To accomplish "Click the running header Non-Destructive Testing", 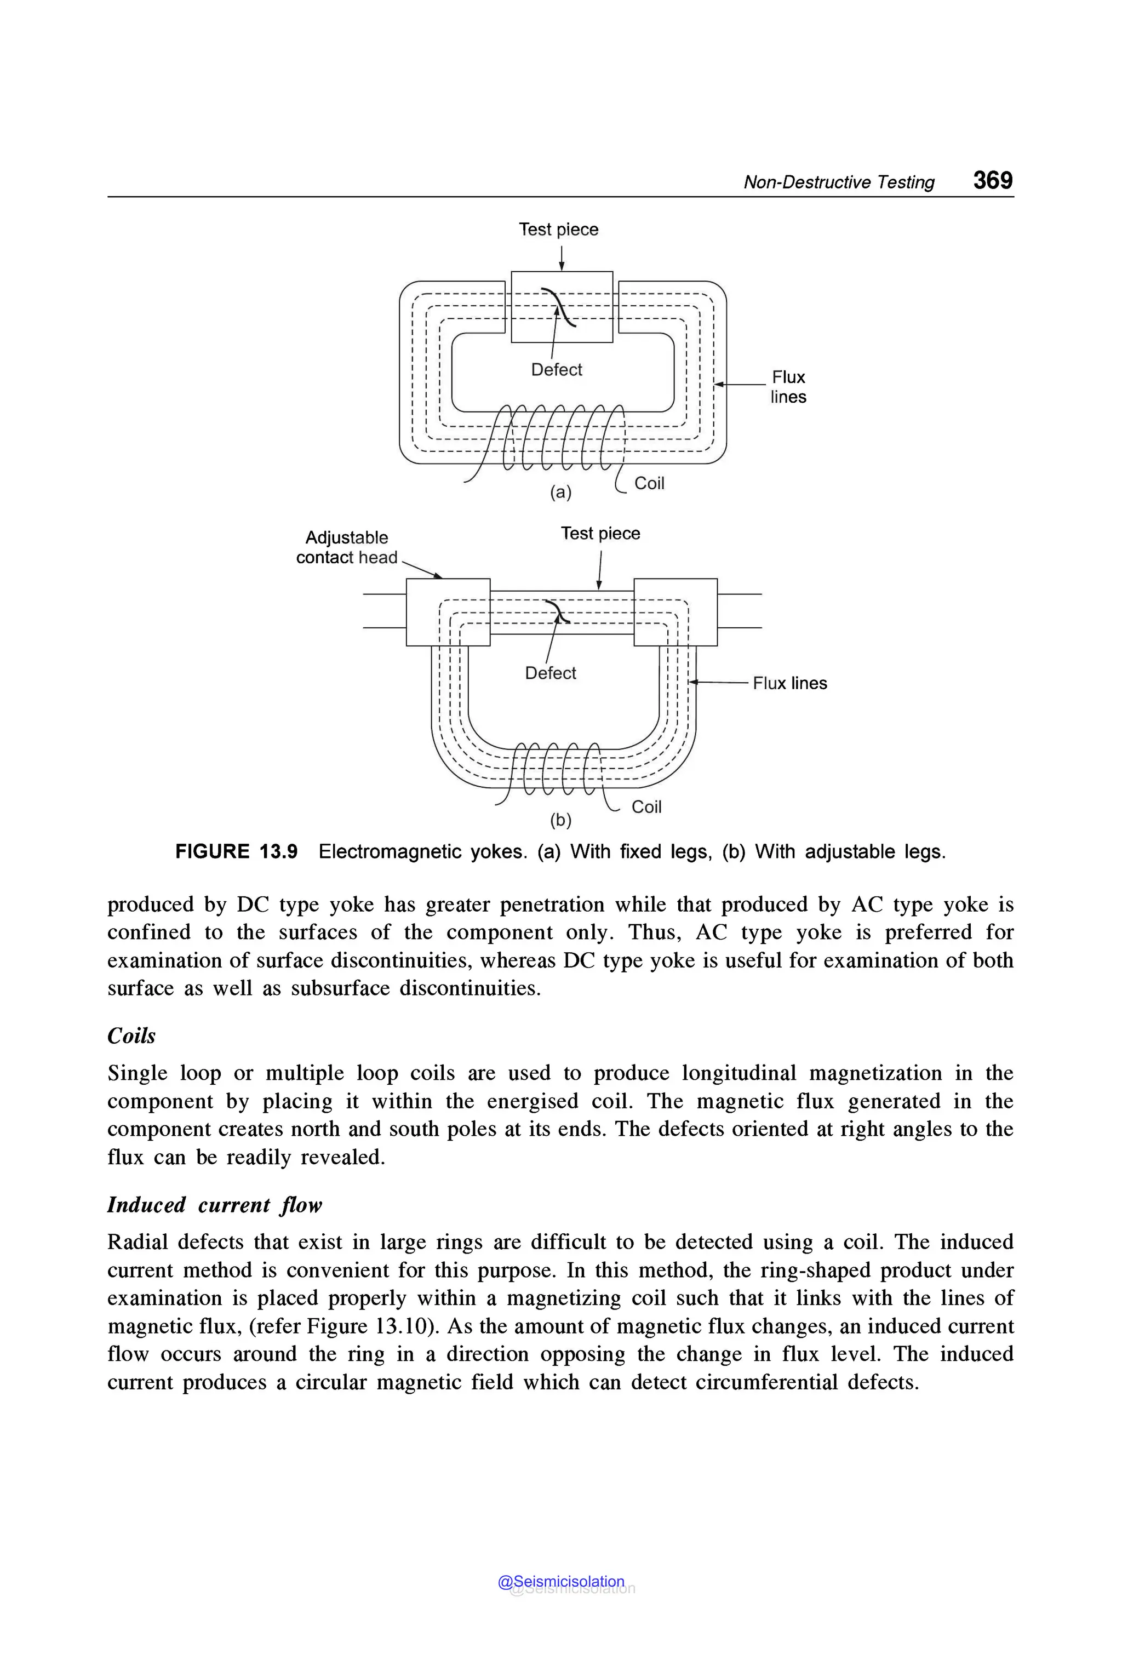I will [x=839, y=182].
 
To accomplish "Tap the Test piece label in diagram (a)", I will [x=558, y=230].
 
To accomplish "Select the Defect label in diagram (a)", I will [x=556, y=370].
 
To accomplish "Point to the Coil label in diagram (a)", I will [x=649, y=484].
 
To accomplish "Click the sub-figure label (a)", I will [x=560, y=493].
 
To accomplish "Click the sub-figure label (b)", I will [x=560, y=820].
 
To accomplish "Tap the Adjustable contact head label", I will [x=346, y=547].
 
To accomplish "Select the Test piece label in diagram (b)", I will [x=600, y=534].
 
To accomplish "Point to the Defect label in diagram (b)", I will [x=549, y=673].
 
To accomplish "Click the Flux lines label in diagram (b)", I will [x=789, y=683].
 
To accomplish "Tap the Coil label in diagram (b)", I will [x=646, y=807].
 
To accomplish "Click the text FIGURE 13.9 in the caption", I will [x=236, y=851].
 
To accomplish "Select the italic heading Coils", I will [x=131, y=1035].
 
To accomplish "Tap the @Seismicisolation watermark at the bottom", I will [x=561, y=1582].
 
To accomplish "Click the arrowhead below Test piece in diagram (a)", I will [x=562, y=267].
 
